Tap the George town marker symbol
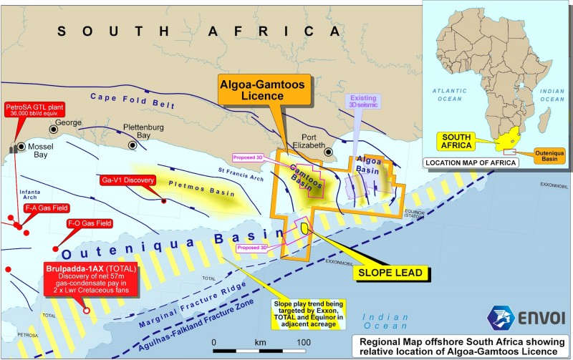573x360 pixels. [x=54, y=128]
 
